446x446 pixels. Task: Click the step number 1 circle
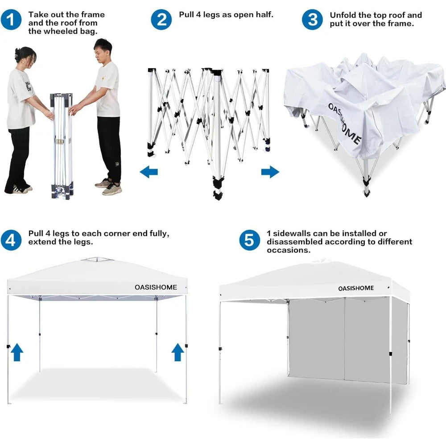pos(11,20)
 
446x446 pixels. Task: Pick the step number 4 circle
pos(11,240)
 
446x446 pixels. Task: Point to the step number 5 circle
pos(249,240)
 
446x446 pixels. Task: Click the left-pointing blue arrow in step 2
pos(149,172)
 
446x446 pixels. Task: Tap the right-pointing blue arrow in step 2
pos(270,172)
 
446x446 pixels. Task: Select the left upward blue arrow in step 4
pos(17,352)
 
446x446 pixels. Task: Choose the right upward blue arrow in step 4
pos(178,352)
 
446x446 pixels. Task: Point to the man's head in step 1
pos(103,48)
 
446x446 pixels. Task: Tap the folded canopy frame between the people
pos(61,145)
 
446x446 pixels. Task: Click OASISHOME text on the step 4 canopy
pos(156,287)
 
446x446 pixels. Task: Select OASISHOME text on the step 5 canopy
pos(355,288)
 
